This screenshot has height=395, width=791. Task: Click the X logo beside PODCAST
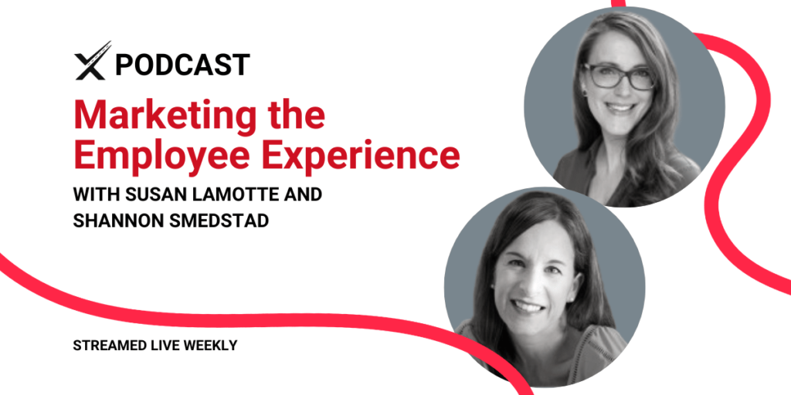(93, 61)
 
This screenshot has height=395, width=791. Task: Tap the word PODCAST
(182, 65)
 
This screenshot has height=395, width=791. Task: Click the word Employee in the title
(163, 157)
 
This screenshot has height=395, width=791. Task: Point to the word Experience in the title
(361, 157)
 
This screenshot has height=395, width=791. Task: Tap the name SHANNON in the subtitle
(111, 221)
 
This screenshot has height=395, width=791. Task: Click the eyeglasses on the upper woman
(619, 76)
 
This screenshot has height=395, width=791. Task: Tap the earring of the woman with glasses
(586, 93)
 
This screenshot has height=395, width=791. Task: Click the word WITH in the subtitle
(94, 194)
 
